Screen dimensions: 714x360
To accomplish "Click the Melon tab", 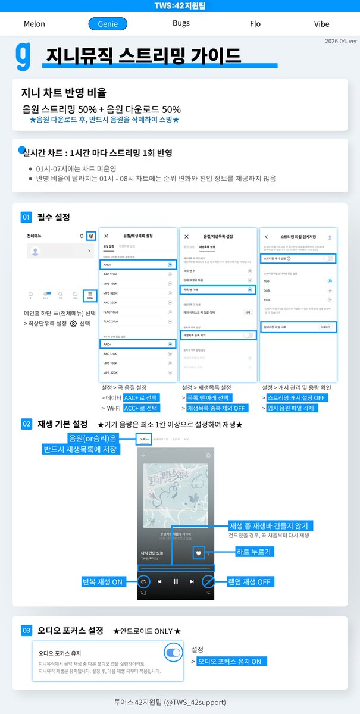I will point(34,24).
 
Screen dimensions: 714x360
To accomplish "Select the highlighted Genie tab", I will point(108,24).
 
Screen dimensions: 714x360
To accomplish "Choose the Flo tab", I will point(255,24).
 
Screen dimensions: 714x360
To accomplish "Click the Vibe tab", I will point(321,24).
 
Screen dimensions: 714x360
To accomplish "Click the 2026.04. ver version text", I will point(341,42).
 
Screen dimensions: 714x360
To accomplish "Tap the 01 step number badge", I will point(26,217).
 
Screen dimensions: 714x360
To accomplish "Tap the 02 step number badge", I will point(26,424).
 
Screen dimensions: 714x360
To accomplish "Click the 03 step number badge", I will point(26,630).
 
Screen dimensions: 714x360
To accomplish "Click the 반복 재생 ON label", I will point(102,581).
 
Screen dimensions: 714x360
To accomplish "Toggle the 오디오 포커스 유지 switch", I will point(173,653).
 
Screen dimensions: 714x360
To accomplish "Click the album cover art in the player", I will point(176,488).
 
